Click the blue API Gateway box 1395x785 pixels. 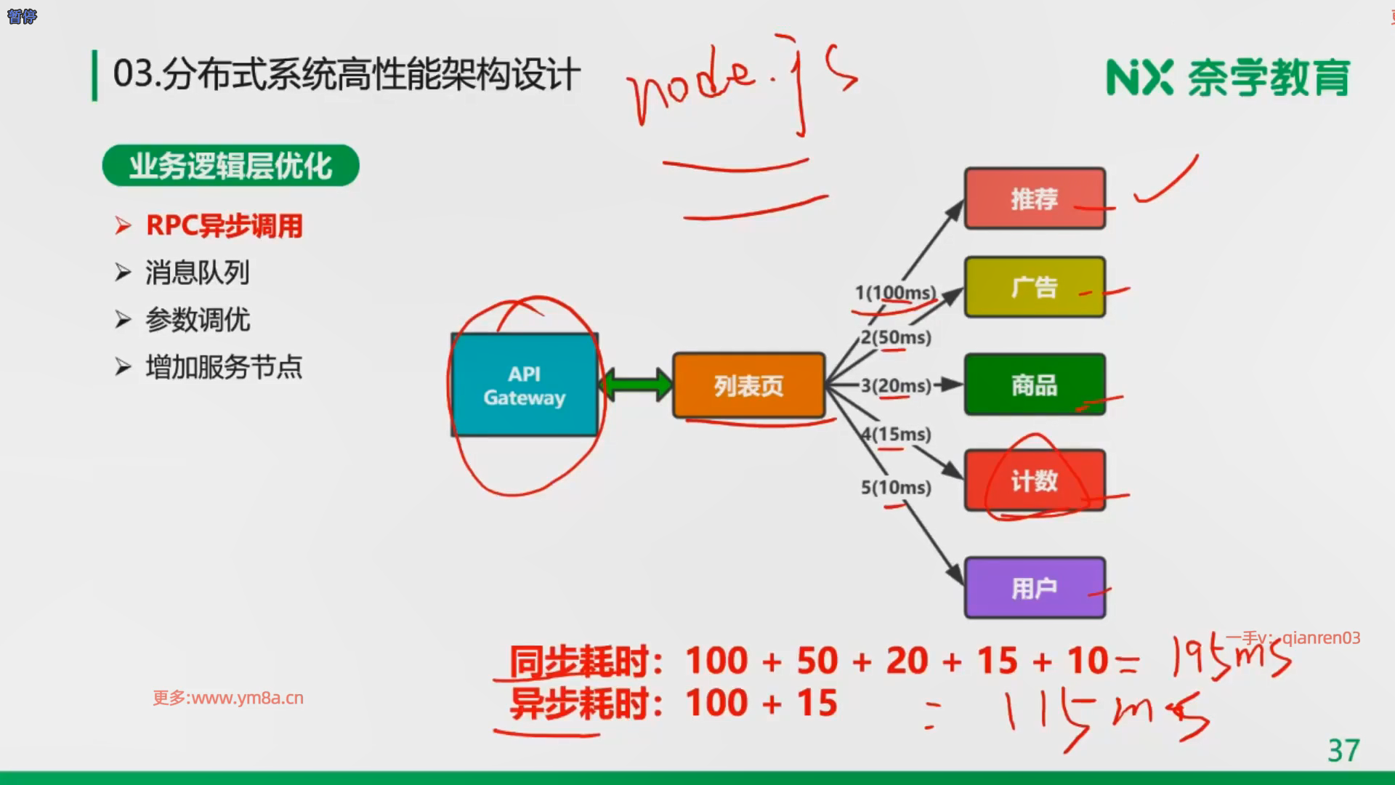coord(525,385)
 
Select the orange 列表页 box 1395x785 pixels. coord(748,385)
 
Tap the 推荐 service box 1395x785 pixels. coord(1035,198)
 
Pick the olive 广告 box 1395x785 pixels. coord(1035,287)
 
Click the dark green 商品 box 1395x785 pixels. coord(1035,385)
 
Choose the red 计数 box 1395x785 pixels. coord(1035,480)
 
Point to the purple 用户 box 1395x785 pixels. coord(1035,588)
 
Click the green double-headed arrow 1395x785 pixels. coord(636,385)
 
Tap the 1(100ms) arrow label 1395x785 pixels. coord(895,293)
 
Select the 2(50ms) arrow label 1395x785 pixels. coord(896,337)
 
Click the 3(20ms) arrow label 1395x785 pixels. coord(896,385)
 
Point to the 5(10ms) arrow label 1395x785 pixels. coord(896,487)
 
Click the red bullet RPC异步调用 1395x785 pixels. coord(224,226)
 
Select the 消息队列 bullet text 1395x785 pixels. coord(197,273)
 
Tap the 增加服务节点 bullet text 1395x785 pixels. coord(224,367)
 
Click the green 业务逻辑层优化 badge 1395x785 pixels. coord(230,166)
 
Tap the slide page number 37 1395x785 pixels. coord(1343,750)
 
